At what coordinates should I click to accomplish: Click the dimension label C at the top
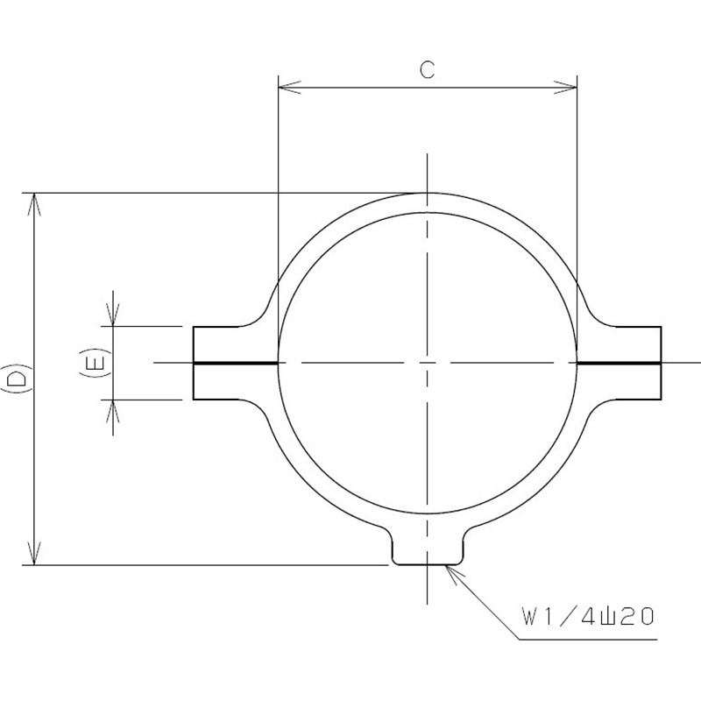click(427, 71)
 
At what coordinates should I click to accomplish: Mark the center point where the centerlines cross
click(427, 362)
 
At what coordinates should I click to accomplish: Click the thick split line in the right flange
click(619, 363)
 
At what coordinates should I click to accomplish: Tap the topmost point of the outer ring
click(427, 193)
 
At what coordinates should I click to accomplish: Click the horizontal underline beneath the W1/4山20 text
click(587, 640)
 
